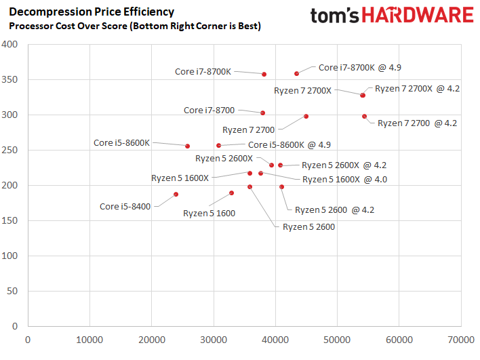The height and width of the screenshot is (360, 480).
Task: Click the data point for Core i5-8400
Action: point(176,195)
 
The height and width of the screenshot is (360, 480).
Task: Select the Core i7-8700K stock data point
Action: point(264,74)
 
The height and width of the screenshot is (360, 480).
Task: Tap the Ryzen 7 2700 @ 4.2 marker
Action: point(364,117)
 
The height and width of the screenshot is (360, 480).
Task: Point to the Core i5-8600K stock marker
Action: point(187,146)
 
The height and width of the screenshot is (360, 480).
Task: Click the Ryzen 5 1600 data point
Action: point(231,193)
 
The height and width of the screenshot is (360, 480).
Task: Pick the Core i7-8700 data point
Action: point(262,113)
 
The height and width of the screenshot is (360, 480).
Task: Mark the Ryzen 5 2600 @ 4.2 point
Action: point(281,186)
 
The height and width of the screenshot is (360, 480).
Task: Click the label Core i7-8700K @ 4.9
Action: point(356,67)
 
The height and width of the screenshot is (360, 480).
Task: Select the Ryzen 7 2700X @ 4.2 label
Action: point(418,88)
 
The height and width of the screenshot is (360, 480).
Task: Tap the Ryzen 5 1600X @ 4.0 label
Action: point(348,179)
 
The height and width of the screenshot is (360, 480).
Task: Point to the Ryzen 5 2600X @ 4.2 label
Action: point(344,165)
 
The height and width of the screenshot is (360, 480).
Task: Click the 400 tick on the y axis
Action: point(10,45)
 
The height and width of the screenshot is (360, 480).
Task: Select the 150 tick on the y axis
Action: point(10,220)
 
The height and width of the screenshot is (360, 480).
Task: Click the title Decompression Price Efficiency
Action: point(92,12)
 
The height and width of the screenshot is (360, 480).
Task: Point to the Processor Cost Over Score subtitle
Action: point(134,26)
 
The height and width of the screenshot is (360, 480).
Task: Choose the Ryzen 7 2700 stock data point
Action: point(306,117)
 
